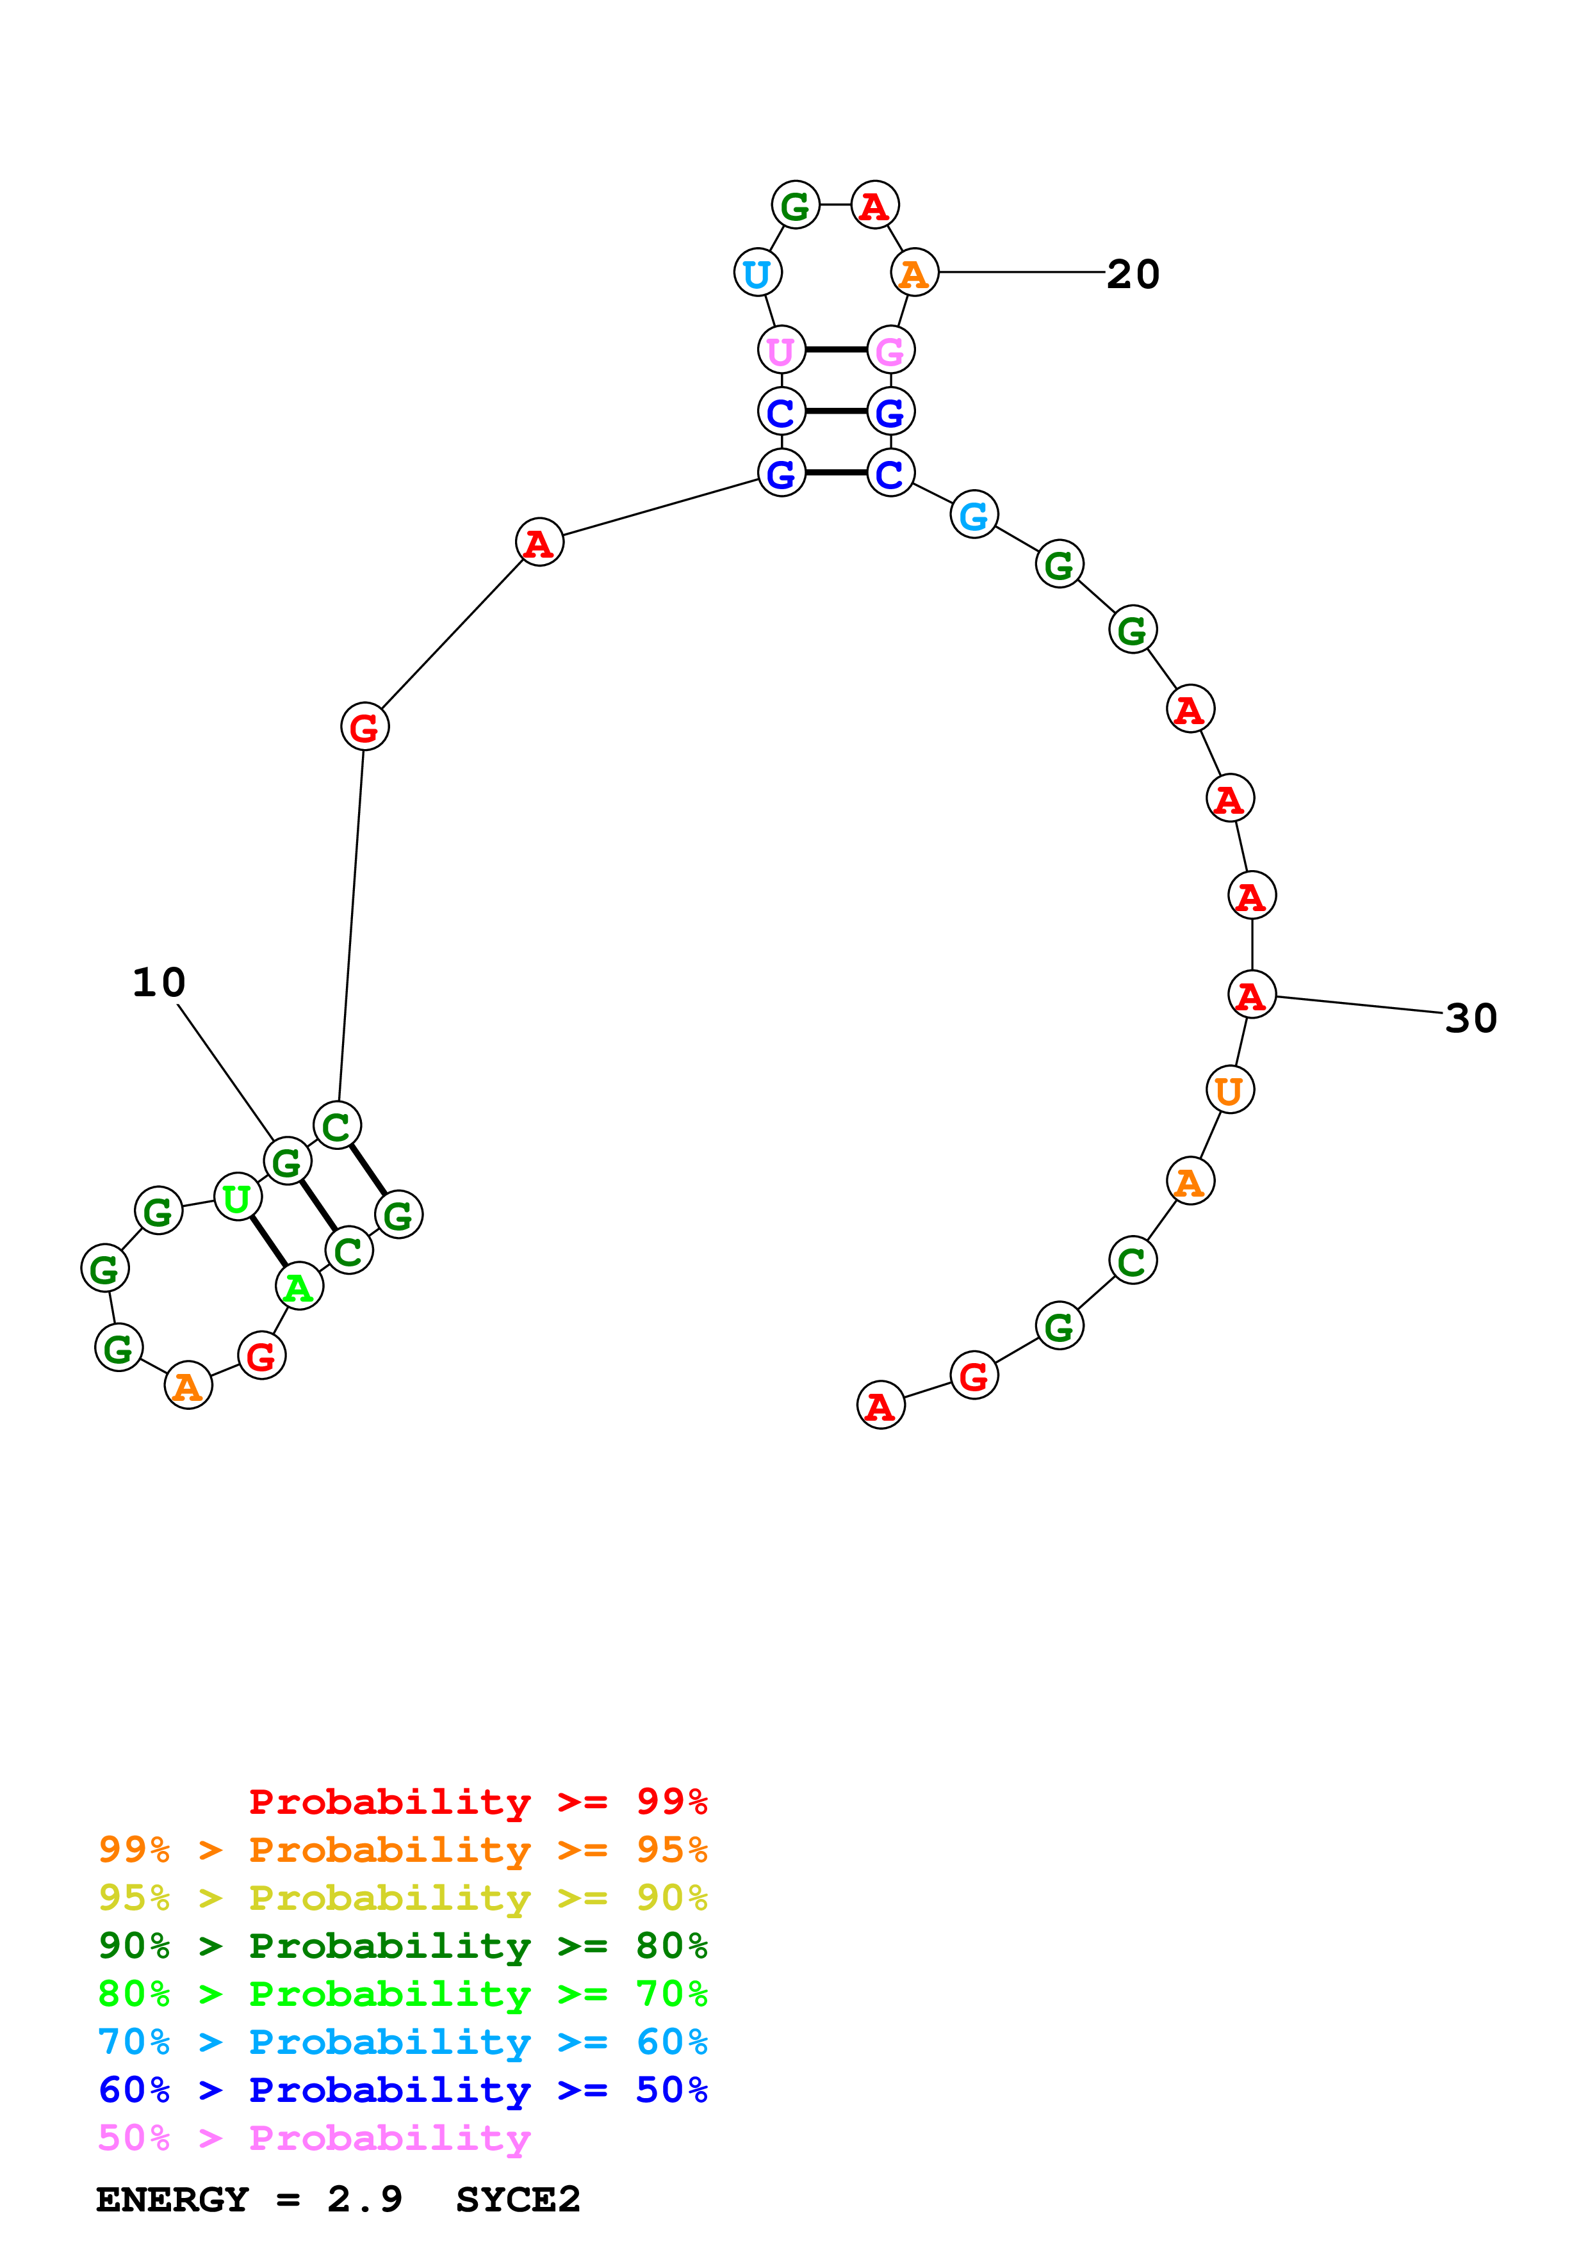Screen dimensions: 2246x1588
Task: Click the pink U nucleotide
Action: click(x=781, y=349)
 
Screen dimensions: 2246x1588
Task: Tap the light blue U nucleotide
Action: click(x=757, y=273)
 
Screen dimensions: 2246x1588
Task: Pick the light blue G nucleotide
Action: click(x=974, y=515)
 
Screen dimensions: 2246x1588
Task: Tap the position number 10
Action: click(x=158, y=982)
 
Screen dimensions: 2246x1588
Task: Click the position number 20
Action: click(x=1133, y=274)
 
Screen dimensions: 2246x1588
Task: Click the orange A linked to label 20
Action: click(x=914, y=273)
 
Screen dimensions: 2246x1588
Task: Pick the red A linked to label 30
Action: click(x=1252, y=996)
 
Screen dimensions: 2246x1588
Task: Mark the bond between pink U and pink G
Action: click(x=835, y=349)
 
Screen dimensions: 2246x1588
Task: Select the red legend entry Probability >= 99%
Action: click(x=477, y=1802)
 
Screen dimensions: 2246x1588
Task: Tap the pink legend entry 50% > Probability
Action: click(x=314, y=2137)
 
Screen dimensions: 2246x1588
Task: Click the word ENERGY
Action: click(x=172, y=2200)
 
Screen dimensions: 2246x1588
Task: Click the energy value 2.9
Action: click(x=364, y=2200)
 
